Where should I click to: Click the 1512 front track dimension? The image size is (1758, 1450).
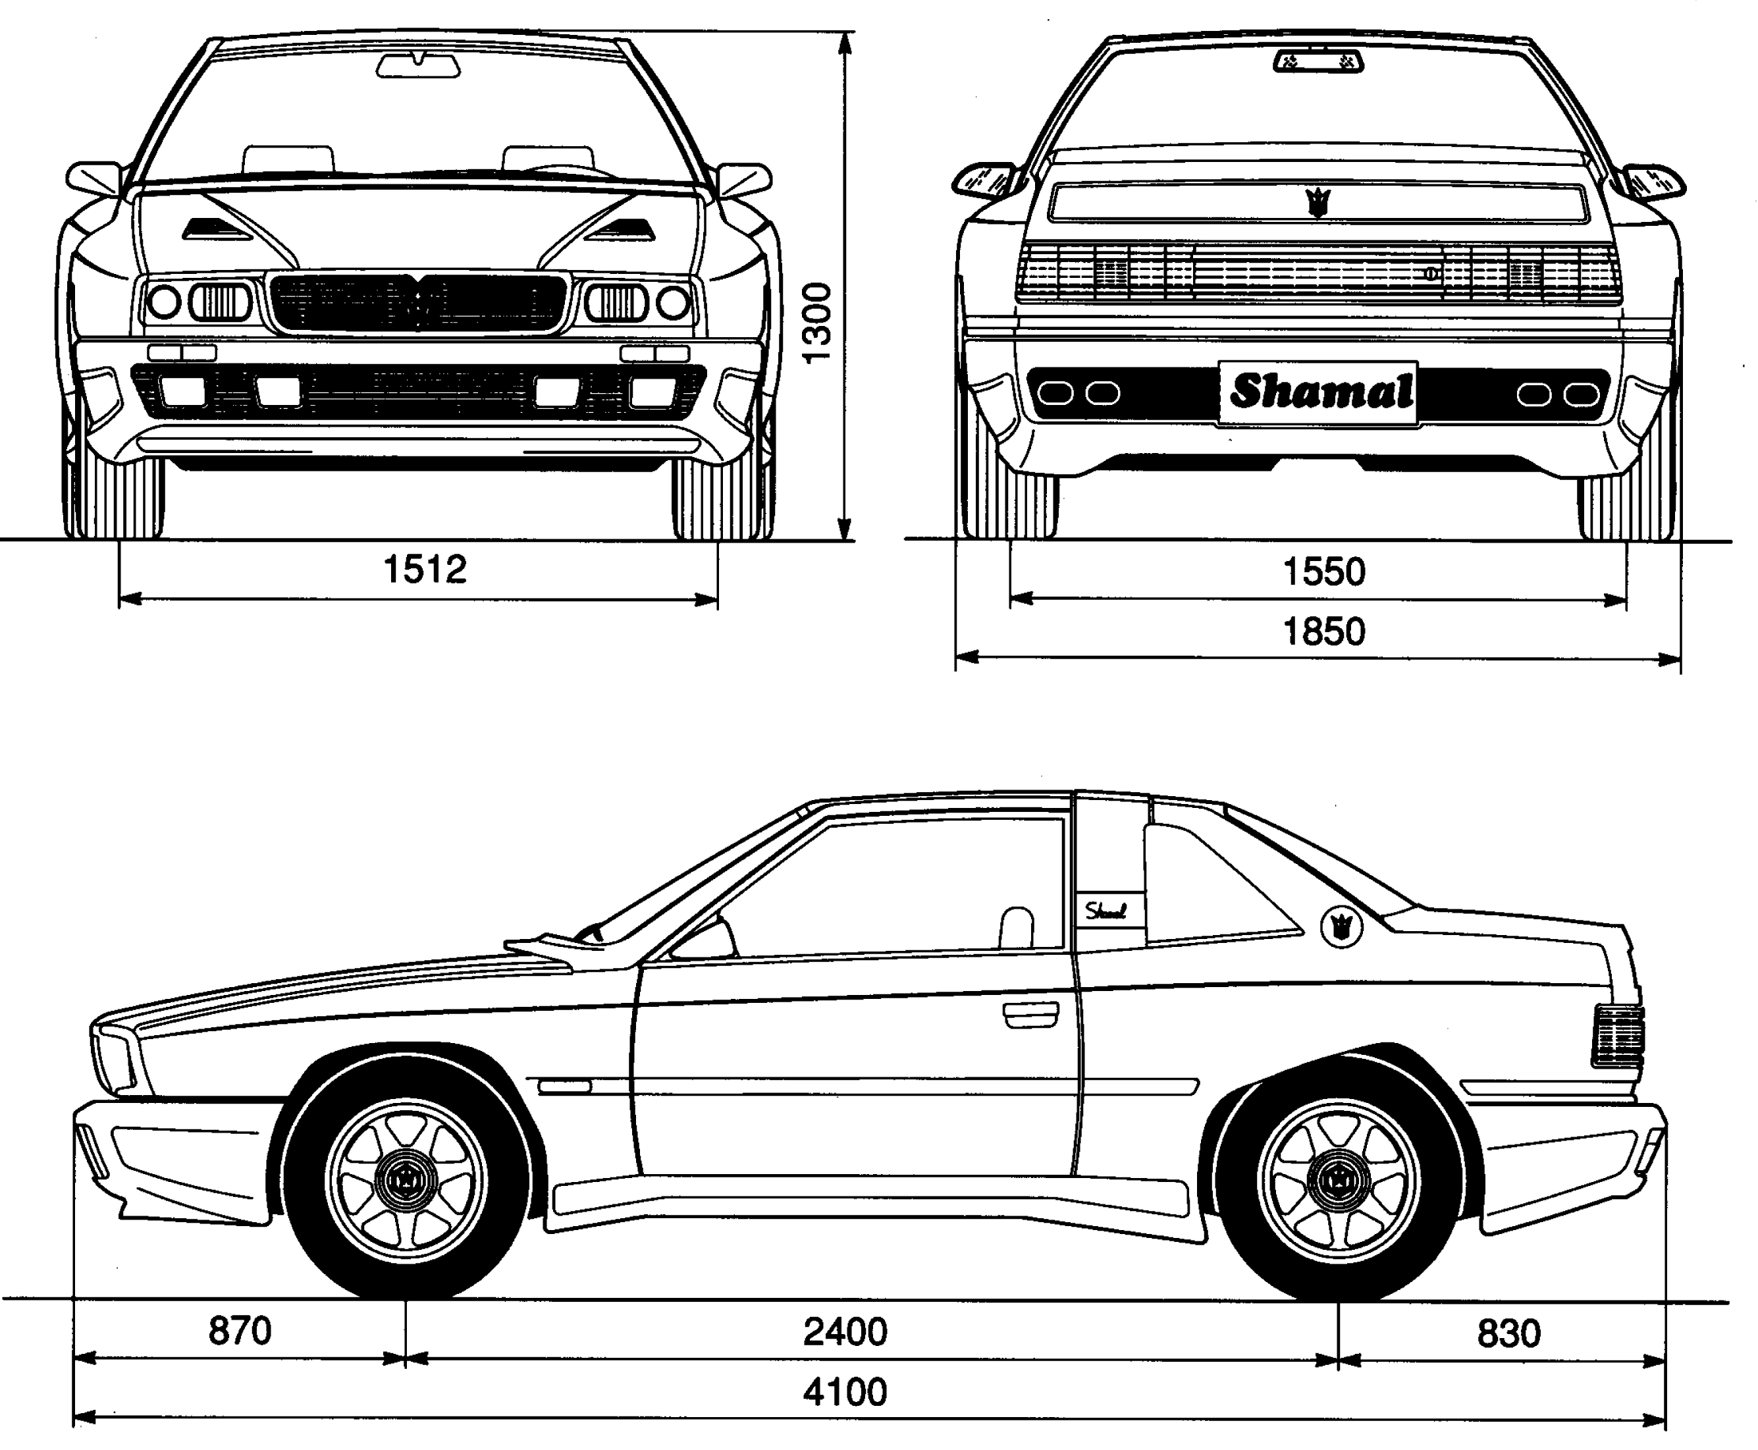tap(424, 570)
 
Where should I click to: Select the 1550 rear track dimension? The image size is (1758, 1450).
tap(1323, 572)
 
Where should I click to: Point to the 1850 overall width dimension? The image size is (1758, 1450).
tap(1323, 632)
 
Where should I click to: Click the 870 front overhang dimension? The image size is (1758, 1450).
tap(240, 1331)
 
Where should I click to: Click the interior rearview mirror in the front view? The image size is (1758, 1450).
tap(417, 65)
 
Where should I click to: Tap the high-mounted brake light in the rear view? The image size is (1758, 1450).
tap(1319, 61)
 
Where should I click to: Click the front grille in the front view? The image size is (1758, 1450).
tap(417, 302)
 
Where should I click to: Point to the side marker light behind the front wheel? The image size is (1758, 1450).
tap(564, 1087)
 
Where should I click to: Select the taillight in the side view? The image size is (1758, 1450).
tap(1618, 1036)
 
